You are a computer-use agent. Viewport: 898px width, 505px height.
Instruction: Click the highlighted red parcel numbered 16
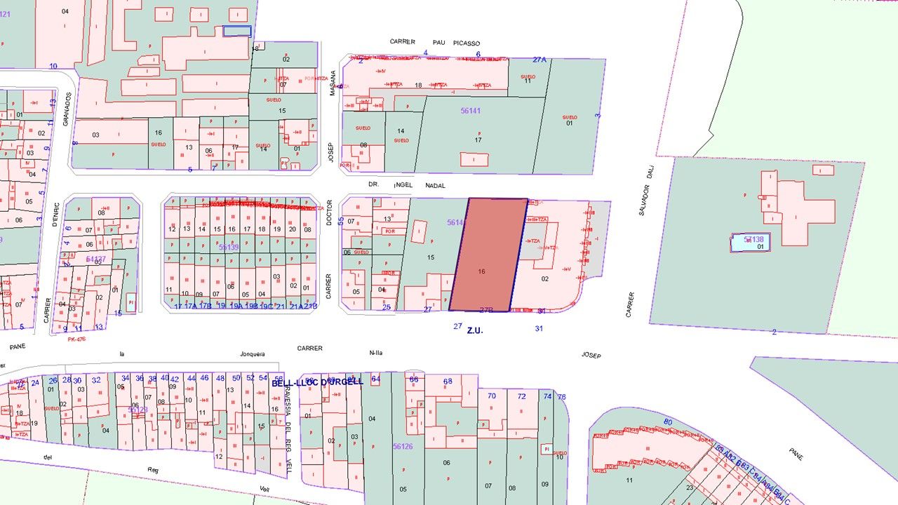[488, 256]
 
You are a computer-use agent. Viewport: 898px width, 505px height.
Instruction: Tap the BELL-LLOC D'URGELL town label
[317, 382]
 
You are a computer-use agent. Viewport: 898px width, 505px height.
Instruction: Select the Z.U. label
[475, 330]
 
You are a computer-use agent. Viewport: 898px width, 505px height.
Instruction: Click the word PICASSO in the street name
[467, 43]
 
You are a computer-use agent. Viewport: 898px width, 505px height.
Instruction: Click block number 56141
[471, 111]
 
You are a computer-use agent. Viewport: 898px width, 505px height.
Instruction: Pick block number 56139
[229, 247]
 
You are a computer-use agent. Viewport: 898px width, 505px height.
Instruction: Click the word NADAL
[436, 186]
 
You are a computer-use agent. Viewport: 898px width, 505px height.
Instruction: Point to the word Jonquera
[253, 354]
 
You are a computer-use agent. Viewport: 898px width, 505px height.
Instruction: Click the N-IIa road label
[375, 353]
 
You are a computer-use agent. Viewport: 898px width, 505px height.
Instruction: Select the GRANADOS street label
[67, 111]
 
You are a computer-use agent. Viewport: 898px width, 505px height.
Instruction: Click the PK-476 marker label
[76, 339]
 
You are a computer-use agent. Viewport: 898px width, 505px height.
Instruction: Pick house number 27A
[539, 60]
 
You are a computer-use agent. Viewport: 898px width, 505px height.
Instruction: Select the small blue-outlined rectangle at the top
[237, 31]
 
